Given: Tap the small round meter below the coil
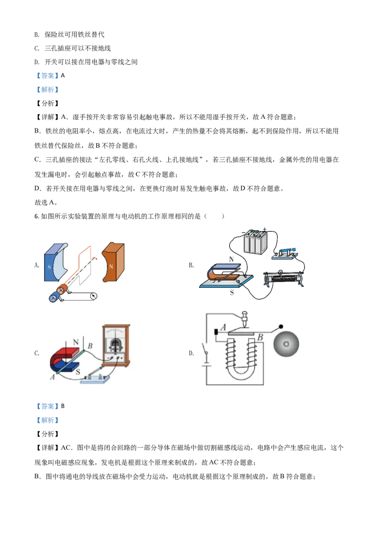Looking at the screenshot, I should pyautogui.click(x=94, y=296).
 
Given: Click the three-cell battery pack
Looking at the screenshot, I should pyautogui.click(x=255, y=243).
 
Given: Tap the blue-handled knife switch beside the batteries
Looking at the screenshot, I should pyautogui.click(x=285, y=254).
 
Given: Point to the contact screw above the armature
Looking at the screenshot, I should pyautogui.click(x=245, y=320).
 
